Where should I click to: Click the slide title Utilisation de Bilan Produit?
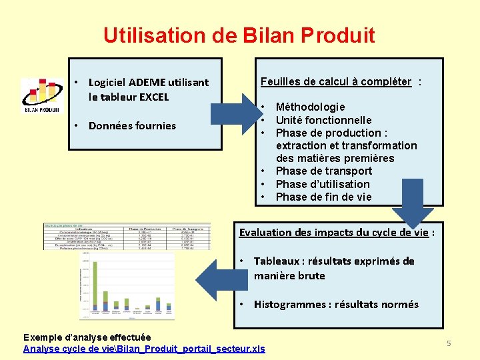239,35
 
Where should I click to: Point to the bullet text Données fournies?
132,125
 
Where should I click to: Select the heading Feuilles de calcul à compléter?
336,81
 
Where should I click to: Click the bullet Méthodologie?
310,107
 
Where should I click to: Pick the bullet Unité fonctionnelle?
323,120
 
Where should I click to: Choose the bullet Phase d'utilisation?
322,184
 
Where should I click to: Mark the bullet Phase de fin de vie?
323,197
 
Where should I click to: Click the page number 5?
449,343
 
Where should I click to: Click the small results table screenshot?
127,237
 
